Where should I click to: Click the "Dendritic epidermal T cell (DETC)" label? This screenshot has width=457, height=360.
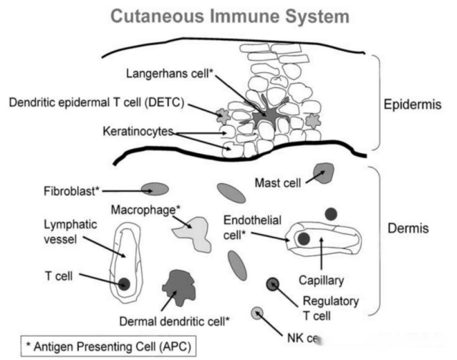click(97, 102)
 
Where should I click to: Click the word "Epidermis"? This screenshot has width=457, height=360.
click(412, 104)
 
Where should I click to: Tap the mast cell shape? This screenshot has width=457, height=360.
click(324, 172)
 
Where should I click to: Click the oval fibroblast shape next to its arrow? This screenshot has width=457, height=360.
click(155, 189)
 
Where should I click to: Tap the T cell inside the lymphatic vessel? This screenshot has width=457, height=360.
click(125, 283)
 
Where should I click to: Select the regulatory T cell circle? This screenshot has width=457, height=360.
click(273, 285)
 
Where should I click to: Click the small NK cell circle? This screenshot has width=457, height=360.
click(257, 312)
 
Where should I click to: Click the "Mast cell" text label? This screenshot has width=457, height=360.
click(278, 183)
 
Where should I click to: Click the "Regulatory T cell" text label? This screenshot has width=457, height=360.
click(330, 307)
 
